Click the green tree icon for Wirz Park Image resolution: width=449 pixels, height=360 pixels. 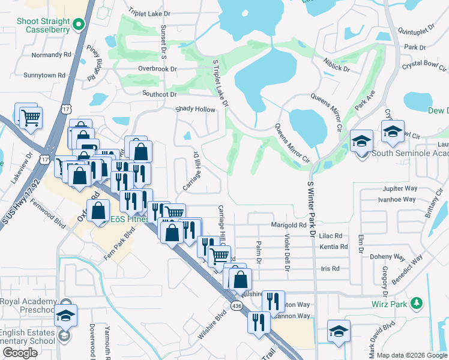click(x=415, y=304)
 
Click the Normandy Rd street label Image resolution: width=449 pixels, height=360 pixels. click(x=52, y=55)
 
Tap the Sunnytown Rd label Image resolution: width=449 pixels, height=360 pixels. click(x=44, y=76)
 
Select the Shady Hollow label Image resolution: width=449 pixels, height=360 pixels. click(x=194, y=109)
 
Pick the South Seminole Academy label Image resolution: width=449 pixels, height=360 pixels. click(x=409, y=153)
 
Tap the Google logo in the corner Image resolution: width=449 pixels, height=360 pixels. click(x=20, y=352)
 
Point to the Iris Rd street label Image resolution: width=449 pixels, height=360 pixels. click(x=331, y=268)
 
